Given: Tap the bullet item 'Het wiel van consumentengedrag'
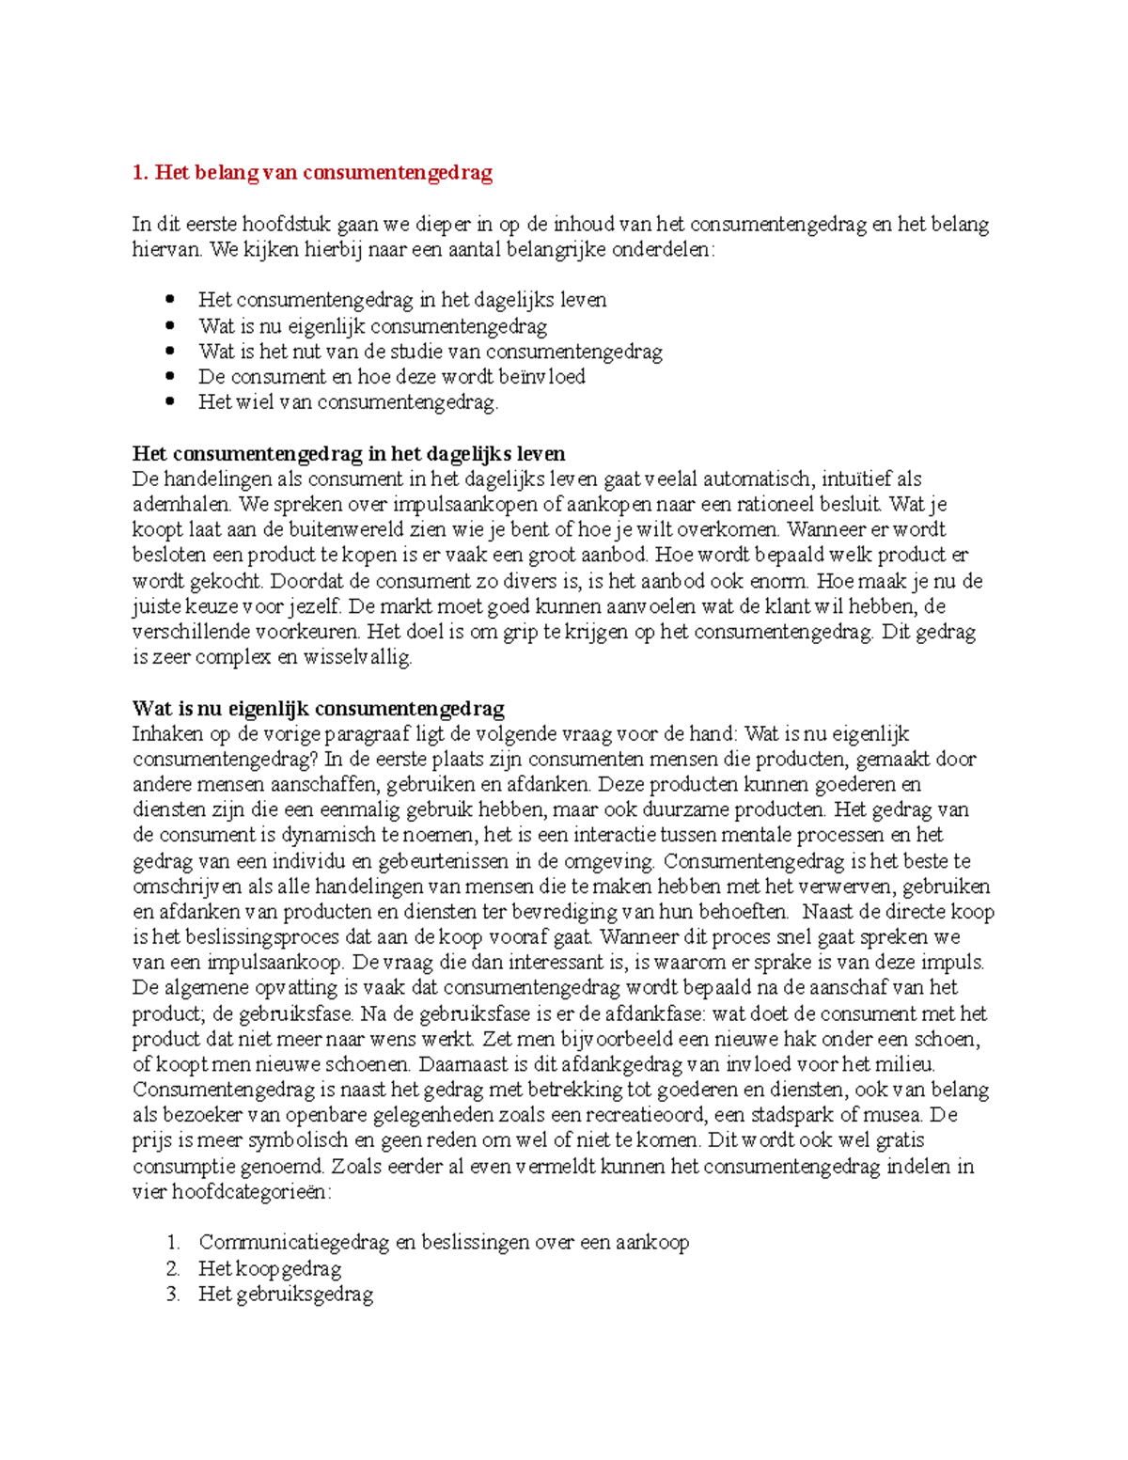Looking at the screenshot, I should point(347,402).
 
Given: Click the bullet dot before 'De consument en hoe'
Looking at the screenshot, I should point(170,377).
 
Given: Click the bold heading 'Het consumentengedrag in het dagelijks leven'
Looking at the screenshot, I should point(348,454).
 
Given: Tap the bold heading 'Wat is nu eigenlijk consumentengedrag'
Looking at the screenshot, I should point(318,709).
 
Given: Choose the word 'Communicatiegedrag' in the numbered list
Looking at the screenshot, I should point(293,1243).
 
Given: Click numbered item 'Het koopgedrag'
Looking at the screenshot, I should point(269,1269).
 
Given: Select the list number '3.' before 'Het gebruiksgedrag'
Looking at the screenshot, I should point(172,1295).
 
